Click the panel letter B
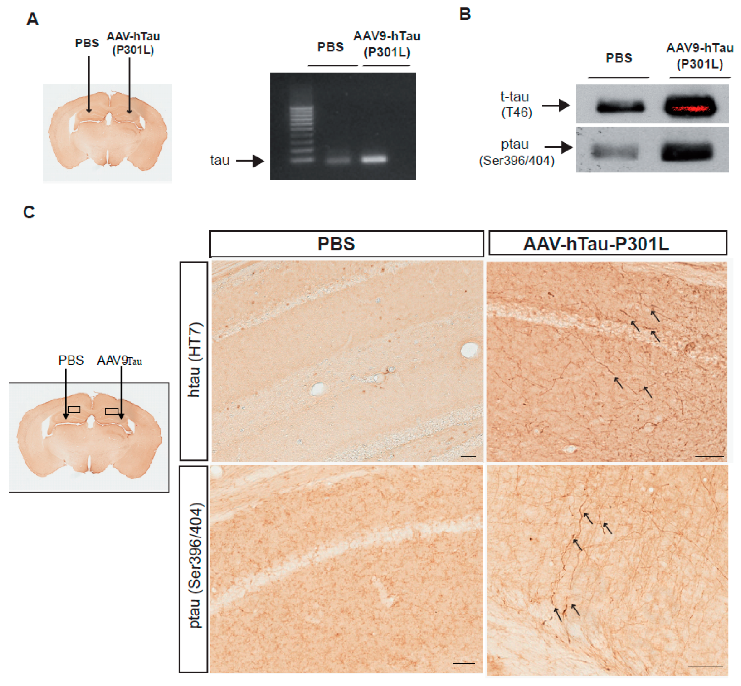coord(465,14)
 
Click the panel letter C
coord(29,212)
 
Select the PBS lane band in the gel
coord(338,160)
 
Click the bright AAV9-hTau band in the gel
coord(374,159)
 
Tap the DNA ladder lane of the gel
coord(302,134)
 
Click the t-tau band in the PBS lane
coord(620,107)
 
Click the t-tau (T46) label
coord(516,104)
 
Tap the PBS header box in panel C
coord(346,244)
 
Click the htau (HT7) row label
coord(193,360)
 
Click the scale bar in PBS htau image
coord(468,456)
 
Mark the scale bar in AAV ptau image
coord(705,666)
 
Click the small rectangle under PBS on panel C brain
coord(74,410)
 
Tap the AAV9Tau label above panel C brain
coord(119,360)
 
